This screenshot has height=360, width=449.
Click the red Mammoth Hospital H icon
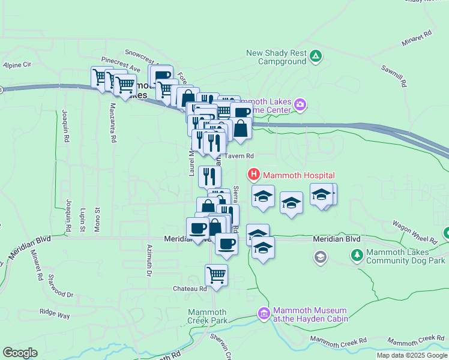254,175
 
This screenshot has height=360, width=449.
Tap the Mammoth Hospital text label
298,175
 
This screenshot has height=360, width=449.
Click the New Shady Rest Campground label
276,57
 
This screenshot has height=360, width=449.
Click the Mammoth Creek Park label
207,316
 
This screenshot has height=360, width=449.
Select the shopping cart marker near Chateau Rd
216,275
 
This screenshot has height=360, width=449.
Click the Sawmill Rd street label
394,75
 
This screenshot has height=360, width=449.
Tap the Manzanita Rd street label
113,123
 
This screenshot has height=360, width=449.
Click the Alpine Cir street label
17,65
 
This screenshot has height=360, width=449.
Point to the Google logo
20,353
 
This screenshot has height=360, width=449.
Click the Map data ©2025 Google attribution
411,355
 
